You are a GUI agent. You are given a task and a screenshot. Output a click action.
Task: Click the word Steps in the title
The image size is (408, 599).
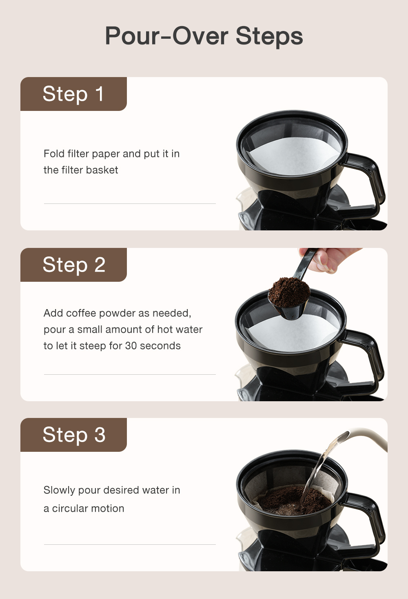(269, 36)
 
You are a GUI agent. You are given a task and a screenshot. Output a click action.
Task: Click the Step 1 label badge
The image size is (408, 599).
(73, 94)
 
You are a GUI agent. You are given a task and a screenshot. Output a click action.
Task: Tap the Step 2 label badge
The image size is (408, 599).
(73, 265)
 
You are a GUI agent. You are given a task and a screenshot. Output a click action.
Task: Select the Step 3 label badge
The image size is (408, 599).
(73, 435)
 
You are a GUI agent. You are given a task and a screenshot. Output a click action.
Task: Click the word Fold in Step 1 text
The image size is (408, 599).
(54, 154)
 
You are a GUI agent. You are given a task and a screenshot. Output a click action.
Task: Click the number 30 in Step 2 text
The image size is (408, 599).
(131, 346)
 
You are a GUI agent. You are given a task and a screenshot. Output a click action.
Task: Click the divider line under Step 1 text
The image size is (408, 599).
(130, 203)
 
